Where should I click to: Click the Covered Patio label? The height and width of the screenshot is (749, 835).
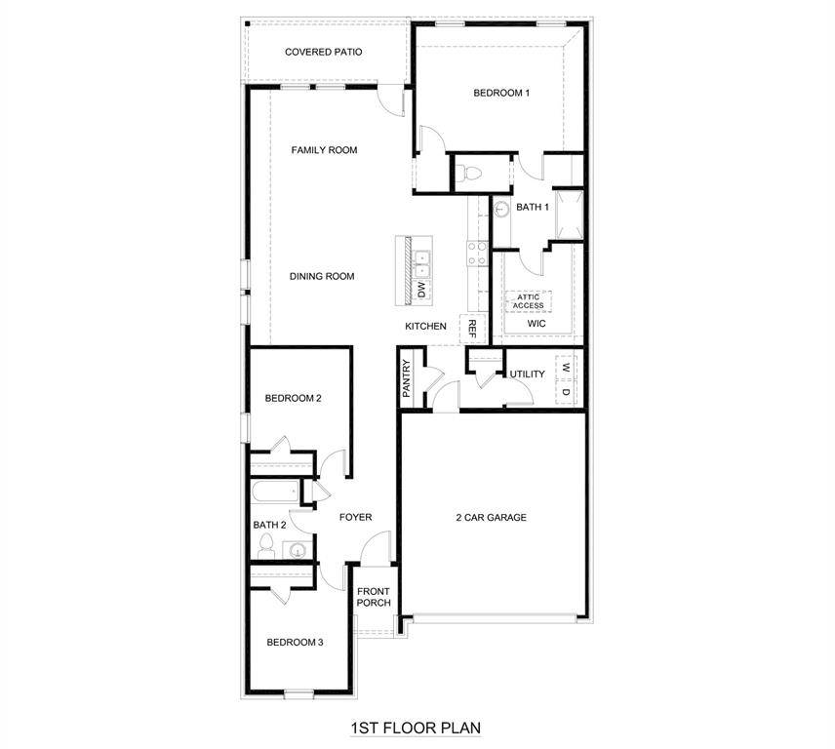coord(324,52)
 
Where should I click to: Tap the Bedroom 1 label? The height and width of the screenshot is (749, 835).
coord(501,94)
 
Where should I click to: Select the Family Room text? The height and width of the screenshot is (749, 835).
coord(324,150)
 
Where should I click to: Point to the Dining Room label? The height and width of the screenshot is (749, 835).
coord(322,276)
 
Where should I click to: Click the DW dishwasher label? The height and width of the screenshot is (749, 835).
coord(421,290)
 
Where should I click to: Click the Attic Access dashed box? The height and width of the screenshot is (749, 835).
coord(529,301)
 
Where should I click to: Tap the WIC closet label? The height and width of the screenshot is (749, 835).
coord(537,323)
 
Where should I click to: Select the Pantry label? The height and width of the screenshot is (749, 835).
coord(408,379)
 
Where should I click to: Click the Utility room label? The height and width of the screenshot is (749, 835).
coord(527,374)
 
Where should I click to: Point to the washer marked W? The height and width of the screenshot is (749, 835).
coord(565,369)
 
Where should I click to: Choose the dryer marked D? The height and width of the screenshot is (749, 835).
coord(565,392)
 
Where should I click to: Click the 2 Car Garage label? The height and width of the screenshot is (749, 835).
coord(491,517)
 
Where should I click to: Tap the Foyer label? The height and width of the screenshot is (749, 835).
coord(355,517)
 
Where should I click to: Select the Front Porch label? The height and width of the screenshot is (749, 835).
coord(374,597)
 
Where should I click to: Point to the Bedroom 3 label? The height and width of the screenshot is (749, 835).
coord(295,642)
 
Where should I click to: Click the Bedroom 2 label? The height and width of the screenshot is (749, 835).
coord(294,398)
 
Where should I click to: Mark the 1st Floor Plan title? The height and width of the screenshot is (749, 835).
coord(415,728)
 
